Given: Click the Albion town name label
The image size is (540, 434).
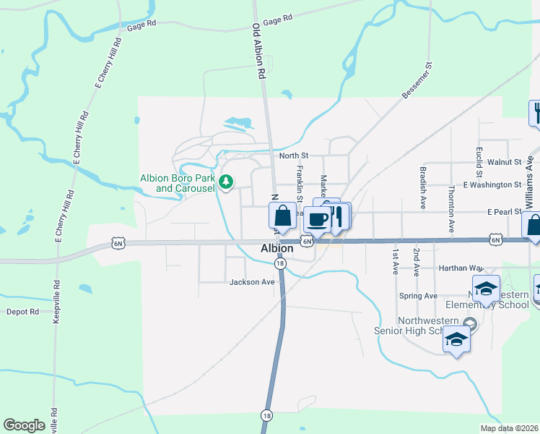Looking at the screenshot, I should point(276,249).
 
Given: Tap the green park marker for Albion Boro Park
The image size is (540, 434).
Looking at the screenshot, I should point(226,181).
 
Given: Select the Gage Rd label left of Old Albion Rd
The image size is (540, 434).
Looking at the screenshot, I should point(141,27).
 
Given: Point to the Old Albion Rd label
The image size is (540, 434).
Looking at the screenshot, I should point(257,51).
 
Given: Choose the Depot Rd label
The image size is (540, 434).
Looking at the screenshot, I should point(22,312).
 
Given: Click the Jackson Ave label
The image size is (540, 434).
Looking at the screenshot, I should point(252,282).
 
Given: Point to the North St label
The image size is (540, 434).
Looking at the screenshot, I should point(294,156).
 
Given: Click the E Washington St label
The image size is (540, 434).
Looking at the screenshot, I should point(492,184).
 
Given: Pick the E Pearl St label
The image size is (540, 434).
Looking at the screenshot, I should point(504,212).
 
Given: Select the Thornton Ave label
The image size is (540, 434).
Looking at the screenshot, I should point(451,208).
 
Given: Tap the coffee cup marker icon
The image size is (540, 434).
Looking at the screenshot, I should point(316,219).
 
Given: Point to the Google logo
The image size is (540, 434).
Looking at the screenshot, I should point(25,425).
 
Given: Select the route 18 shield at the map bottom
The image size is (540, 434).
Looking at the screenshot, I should point(267,415).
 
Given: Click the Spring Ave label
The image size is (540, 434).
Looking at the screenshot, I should point(419,296).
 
